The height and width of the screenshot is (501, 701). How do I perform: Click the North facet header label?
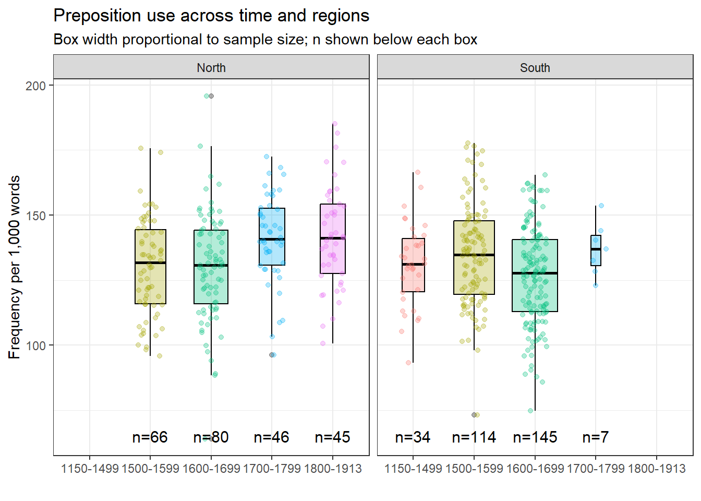[x=211, y=68]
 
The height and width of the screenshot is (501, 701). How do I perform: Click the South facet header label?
[x=535, y=68]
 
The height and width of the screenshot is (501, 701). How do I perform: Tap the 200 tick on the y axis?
[x=35, y=86]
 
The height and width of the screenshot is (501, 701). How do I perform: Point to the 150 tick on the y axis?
[x=35, y=216]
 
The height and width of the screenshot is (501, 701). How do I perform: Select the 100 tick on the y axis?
[x=35, y=345]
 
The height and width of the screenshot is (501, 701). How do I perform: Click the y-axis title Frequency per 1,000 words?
[x=15, y=267]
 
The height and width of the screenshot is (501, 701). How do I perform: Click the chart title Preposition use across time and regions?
[x=211, y=16]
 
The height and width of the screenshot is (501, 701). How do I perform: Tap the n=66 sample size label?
[x=150, y=437]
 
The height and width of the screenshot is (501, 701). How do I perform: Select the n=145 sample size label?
[x=535, y=437]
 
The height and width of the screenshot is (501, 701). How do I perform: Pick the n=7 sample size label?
[x=596, y=437]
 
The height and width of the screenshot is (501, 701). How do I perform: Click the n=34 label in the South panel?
[x=413, y=437]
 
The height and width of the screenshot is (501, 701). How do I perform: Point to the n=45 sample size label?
[x=333, y=437]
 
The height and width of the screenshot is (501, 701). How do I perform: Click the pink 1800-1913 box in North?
[x=333, y=256]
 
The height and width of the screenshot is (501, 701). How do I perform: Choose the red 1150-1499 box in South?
[x=413, y=277]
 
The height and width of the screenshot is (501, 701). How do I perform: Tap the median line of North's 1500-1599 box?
[x=150, y=263]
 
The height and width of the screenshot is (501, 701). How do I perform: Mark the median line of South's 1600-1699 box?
[x=535, y=273]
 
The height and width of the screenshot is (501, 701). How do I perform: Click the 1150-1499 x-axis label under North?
[x=90, y=469]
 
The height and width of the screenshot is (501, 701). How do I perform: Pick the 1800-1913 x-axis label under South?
[x=657, y=469]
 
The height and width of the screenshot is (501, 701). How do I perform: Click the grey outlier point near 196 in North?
[x=211, y=96]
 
